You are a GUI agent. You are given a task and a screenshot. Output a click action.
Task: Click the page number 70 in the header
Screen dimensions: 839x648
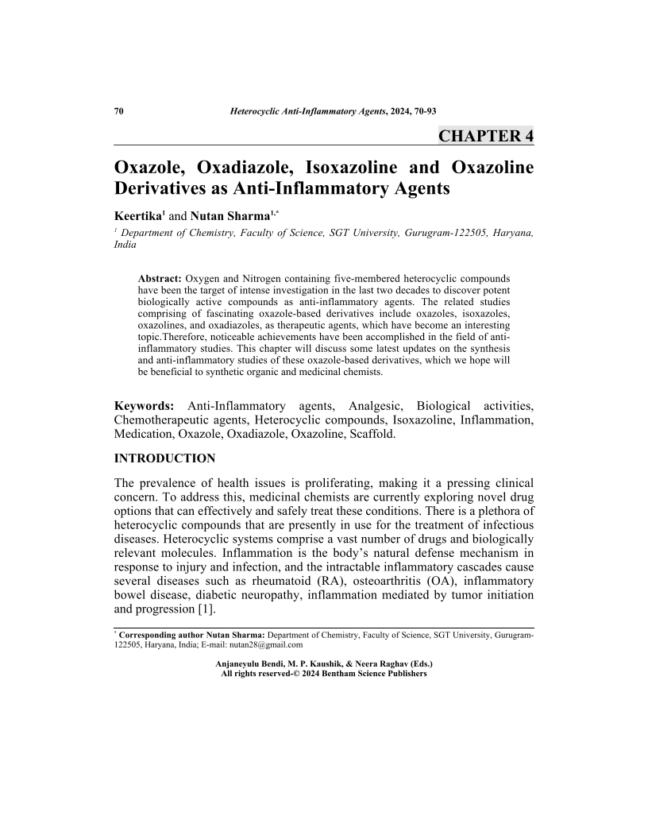coord(119,111)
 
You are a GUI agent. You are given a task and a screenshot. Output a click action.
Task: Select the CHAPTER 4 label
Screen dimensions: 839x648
coord(486,136)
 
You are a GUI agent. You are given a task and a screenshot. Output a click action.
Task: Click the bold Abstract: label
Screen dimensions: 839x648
coord(160,279)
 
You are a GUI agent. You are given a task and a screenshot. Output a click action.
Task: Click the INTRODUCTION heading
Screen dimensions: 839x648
coord(164,458)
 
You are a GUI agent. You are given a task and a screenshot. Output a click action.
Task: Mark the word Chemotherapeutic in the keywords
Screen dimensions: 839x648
coord(166,420)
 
